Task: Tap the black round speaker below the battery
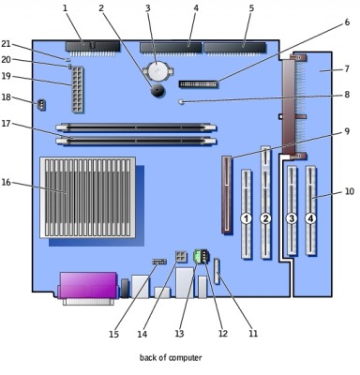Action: click(x=158, y=91)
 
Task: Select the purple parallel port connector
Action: click(x=88, y=285)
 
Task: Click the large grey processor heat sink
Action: click(x=87, y=198)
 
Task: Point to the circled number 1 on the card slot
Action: click(x=246, y=218)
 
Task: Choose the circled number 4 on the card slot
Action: click(x=310, y=218)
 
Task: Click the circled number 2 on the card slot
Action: click(x=265, y=218)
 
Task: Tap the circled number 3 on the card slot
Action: click(x=292, y=218)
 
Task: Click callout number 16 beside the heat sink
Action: click(x=7, y=182)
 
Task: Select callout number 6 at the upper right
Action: click(x=347, y=22)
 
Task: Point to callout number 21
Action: click(x=6, y=44)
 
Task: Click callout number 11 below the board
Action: click(x=253, y=334)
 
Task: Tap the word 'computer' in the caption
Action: click(x=185, y=357)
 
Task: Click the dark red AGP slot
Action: click(x=227, y=195)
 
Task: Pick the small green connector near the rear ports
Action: click(x=197, y=256)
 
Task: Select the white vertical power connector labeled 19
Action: click(x=78, y=90)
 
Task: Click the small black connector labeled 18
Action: click(x=41, y=105)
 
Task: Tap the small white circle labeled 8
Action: click(x=181, y=101)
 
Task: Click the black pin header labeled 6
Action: click(x=198, y=84)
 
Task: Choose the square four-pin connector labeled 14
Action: click(x=181, y=257)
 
